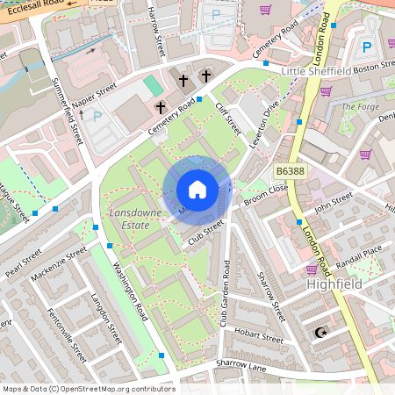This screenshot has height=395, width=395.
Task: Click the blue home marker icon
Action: (197, 190)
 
